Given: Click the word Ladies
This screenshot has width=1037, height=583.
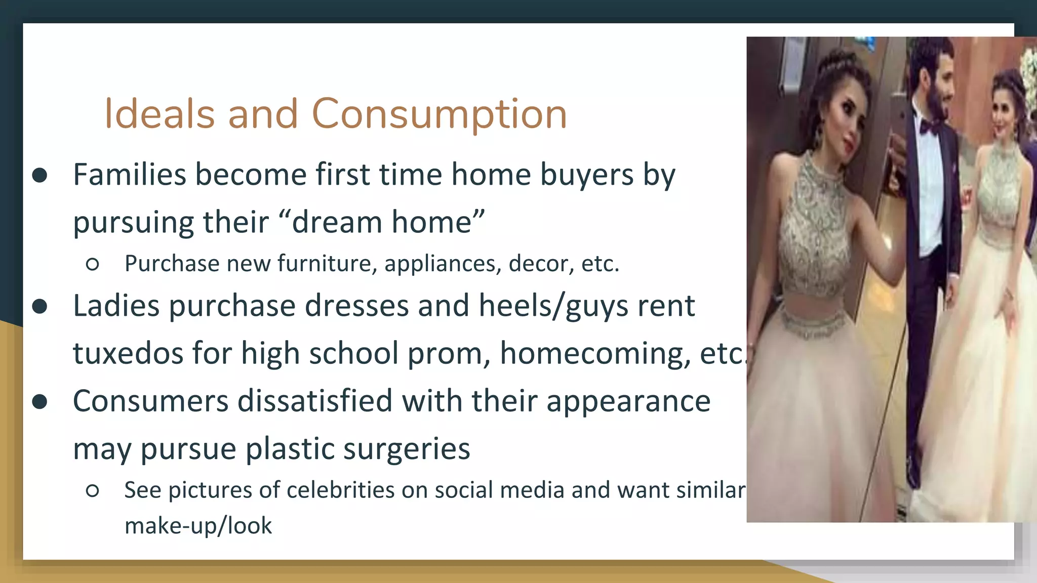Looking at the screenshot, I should (116, 306).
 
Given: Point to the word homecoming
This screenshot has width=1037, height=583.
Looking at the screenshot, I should (595, 353).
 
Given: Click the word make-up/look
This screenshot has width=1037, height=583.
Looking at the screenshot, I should (198, 526).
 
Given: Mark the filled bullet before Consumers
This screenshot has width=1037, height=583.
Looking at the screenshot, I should (39, 402).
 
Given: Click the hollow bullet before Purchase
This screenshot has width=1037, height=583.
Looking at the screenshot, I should (92, 264).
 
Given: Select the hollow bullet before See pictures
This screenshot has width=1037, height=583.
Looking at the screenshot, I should (92, 490).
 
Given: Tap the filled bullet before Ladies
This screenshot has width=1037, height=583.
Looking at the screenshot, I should (39, 307).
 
